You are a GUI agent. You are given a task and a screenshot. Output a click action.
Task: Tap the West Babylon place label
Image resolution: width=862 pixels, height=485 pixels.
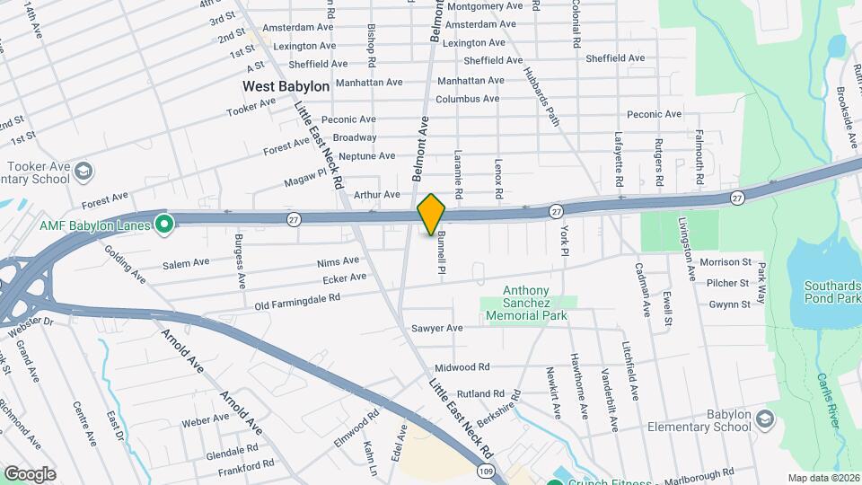(x=286, y=86)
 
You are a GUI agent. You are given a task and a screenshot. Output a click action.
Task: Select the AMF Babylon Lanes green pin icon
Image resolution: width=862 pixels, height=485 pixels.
(x=163, y=222)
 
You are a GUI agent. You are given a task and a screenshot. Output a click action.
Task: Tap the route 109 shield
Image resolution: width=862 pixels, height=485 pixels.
(x=485, y=470)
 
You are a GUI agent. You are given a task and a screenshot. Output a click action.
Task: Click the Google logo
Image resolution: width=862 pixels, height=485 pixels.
(x=30, y=473)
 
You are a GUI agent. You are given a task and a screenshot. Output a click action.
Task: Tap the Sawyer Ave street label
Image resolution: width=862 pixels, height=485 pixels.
(x=436, y=328)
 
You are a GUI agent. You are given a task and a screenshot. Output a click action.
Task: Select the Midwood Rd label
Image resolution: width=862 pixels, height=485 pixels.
(x=462, y=367)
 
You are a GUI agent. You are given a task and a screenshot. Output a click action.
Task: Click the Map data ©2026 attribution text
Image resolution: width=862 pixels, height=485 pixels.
(x=823, y=478)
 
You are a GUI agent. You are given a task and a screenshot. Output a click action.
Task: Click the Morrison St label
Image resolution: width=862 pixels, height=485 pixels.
(x=726, y=261)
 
